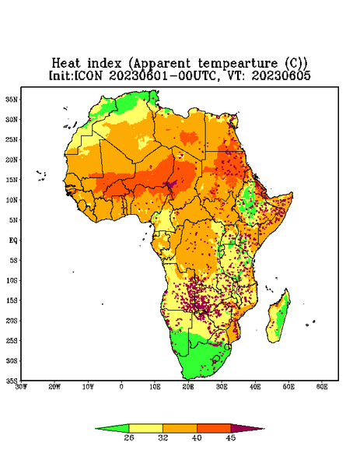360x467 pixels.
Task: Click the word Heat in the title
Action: [x=66, y=64]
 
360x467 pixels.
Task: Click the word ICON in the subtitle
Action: [x=88, y=75]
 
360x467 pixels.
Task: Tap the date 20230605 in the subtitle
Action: [x=281, y=75]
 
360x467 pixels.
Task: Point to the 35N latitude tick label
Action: [x=12, y=99]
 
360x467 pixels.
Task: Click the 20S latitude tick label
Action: [x=12, y=321]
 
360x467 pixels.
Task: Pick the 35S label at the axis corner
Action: [x=12, y=381]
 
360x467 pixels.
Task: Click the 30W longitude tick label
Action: [x=21, y=387]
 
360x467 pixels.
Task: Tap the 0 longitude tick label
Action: [x=121, y=387]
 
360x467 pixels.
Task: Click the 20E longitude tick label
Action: [x=188, y=387]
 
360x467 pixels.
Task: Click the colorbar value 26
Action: [x=129, y=437]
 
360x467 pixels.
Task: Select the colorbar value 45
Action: [x=231, y=437]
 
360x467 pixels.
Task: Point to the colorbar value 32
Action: [x=163, y=437]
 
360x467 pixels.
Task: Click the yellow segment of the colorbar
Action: [x=145, y=429]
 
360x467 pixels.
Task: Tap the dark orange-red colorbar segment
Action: [x=214, y=429]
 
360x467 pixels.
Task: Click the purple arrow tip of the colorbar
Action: [x=264, y=429]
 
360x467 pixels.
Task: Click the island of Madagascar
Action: [x=278, y=318]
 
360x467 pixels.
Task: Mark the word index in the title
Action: [x=104, y=64]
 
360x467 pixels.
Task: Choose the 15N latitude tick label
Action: [x=12, y=180]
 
